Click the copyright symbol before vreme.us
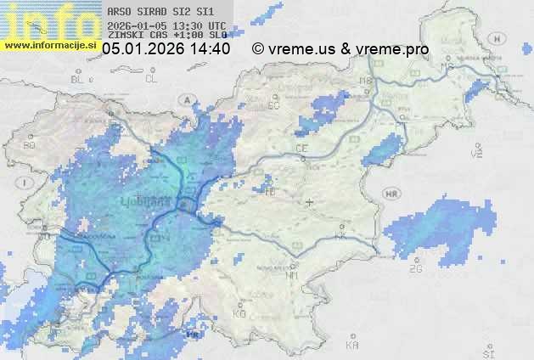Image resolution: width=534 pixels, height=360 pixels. point(258,49)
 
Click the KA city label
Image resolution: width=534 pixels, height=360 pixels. point(352,346)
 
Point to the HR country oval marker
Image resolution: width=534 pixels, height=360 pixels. point(392,194)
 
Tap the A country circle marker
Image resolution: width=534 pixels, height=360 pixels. point(185,99)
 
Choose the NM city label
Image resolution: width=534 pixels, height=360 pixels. point(293,275)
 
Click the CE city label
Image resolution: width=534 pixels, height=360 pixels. point(301,149)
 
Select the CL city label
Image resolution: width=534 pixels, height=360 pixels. point(152,79)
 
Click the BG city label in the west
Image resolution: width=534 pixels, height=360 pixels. point(30,145)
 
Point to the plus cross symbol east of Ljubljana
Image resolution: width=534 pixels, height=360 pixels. point(310,202)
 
